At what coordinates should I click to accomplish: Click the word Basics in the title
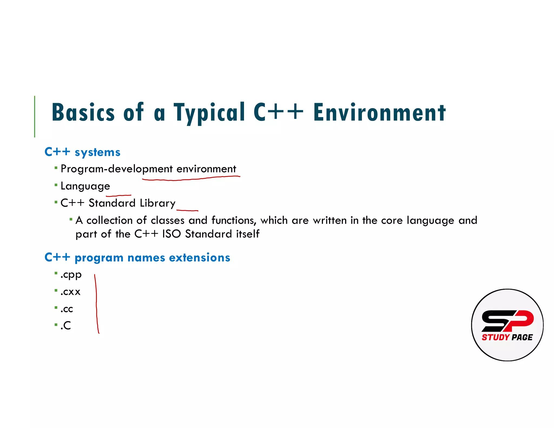tap(83, 112)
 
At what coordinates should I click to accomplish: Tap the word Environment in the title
tap(379, 112)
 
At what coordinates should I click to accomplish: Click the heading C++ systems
tap(83, 152)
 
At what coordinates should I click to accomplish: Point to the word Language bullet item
tap(85, 186)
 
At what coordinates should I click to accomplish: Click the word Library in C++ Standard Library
tap(157, 203)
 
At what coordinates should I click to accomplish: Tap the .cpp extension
tap(71, 275)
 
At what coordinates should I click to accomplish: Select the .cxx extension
tap(71, 292)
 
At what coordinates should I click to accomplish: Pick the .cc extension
tap(67, 309)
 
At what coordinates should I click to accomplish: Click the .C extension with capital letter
tap(66, 326)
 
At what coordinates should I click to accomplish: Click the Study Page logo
tap(507, 325)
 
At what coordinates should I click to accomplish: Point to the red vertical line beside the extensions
tap(96, 303)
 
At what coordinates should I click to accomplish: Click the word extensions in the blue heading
tap(199, 258)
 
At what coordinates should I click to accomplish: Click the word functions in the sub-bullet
tap(233, 220)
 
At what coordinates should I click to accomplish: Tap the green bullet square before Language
tap(56, 185)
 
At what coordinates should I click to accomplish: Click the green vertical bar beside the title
tap(35, 116)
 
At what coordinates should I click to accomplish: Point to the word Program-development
tap(117, 169)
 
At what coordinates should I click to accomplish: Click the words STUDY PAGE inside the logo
tap(507, 337)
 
